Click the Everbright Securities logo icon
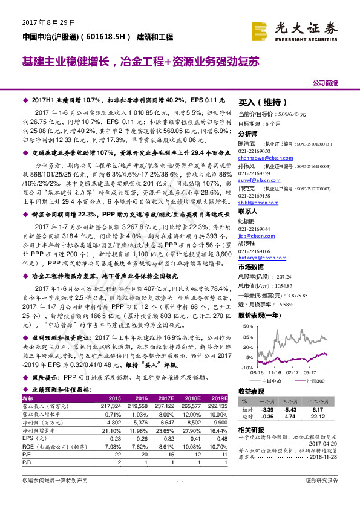260,30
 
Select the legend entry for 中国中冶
275,380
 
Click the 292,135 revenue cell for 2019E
217,406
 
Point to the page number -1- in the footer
179,497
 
